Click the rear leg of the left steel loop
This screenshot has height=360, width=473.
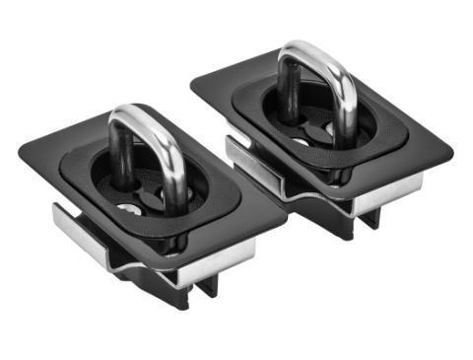point(120,158)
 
